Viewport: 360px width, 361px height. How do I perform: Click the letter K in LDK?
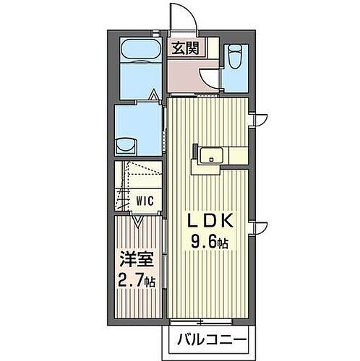tap(223, 220)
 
